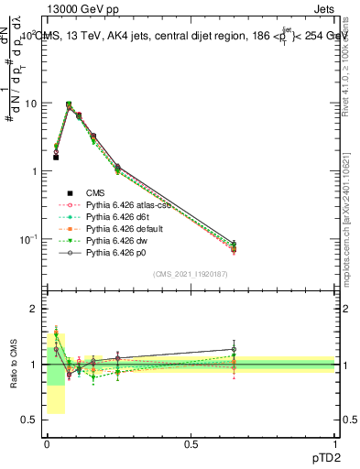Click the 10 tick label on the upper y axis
[x=30, y=104]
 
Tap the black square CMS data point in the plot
[x=56, y=158]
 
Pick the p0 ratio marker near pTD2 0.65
[x=234, y=349]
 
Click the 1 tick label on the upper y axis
[x=34, y=171]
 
